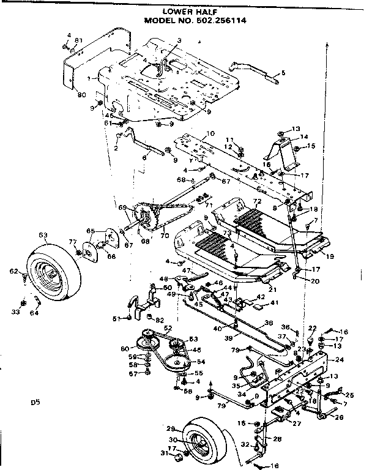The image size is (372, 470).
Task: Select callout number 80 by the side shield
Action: pyautogui.click(x=81, y=95)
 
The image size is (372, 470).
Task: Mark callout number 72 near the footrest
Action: pyautogui.click(x=257, y=201)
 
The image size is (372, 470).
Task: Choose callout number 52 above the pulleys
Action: pyautogui.click(x=167, y=329)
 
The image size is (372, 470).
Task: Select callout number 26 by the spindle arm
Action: pyautogui.click(x=338, y=418)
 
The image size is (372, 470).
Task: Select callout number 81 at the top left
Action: pyautogui.click(x=78, y=40)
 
